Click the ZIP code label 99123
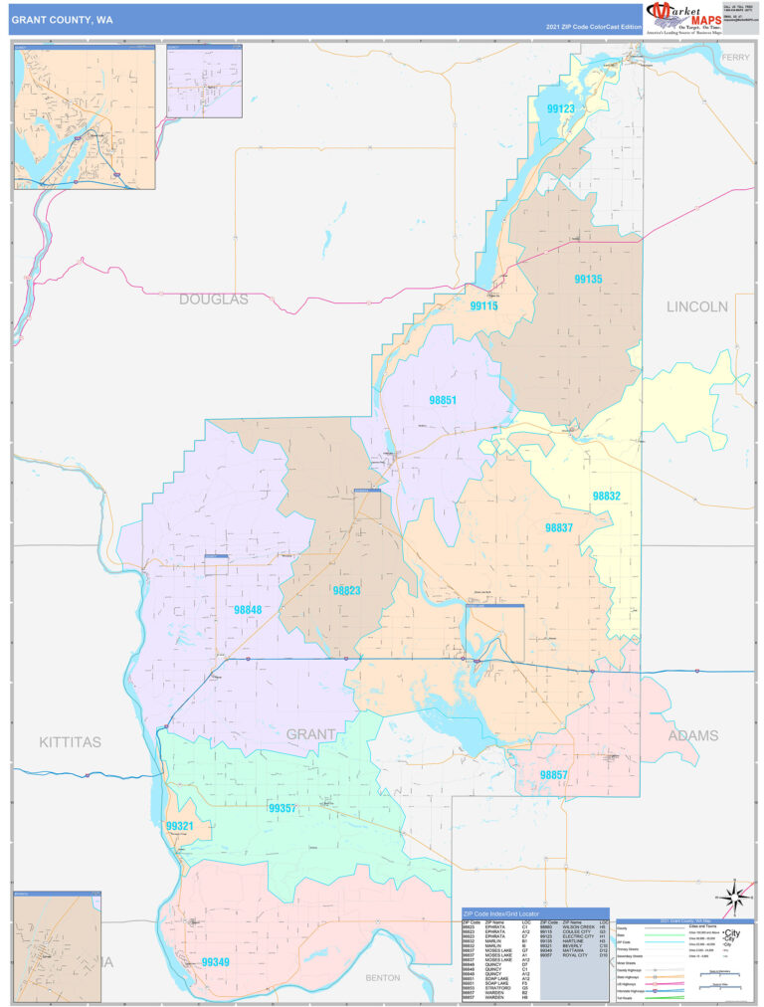coord(561,108)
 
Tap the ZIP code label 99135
coord(588,280)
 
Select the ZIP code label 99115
coord(483,306)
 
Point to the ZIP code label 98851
coord(443,400)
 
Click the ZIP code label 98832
coord(607,495)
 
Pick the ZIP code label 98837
coord(558,527)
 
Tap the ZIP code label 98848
coord(248,609)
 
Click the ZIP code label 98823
coord(346,590)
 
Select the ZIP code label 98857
coord(554,773)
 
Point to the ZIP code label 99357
coord(282,809)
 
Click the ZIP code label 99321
coord(179,826)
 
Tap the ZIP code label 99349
coord(216,962)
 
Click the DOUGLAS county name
coord(214,299)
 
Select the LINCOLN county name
coord(697,306)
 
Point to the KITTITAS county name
coord(70,742)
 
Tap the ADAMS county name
coord(692,736)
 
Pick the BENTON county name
coord(382,978)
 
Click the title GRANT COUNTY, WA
coord(69,19)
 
